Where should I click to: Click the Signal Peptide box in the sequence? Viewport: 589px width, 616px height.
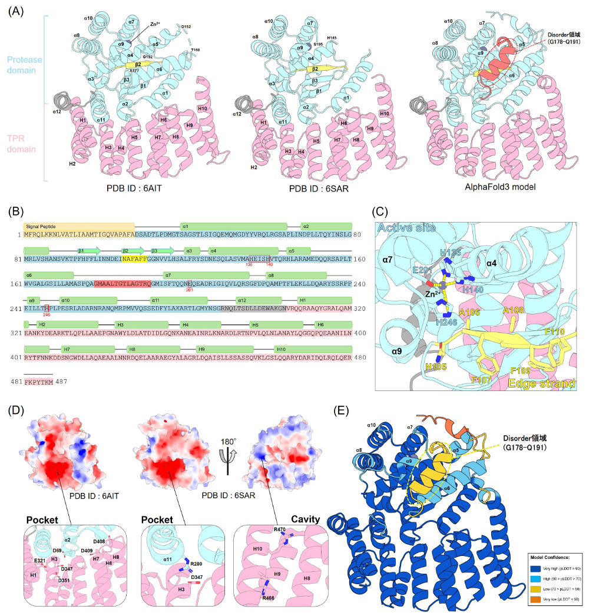coord(78,226)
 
